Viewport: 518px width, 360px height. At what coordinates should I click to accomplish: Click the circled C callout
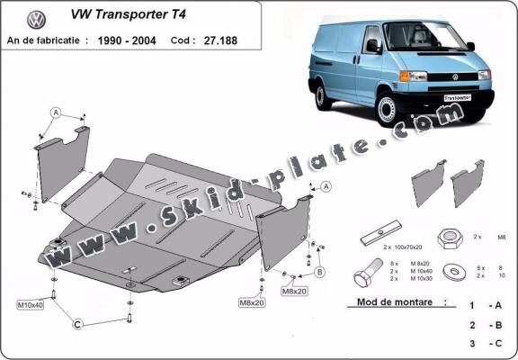point(78,323)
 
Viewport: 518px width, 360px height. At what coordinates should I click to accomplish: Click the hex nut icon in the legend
point(451,238)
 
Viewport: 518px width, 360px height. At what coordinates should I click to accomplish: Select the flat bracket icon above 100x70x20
point(380,236)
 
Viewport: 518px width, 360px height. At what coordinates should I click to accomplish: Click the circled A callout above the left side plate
point(56,112)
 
